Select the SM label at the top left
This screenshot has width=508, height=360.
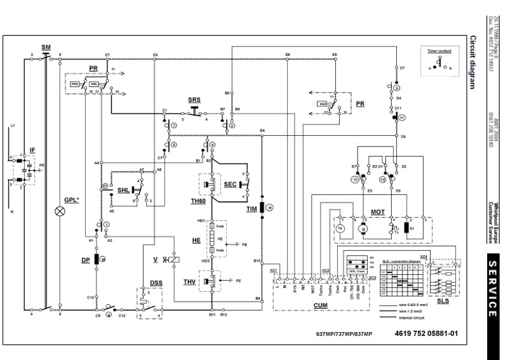pyautogui.click(x=45, y=48)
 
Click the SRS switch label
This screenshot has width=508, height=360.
pyautogui.click(x=194, y=101)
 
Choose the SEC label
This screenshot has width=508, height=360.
pyautogui.click(x=230, y=183)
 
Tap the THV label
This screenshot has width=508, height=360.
pyautogui.click(x=189, y=281)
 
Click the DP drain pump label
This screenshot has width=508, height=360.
pyautogui.click(x=85, y=260)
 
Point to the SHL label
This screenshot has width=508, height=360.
pyautogui.click(x=124, y=190)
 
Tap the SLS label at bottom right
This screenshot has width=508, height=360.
pyautogui.click(x=443, y=300)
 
